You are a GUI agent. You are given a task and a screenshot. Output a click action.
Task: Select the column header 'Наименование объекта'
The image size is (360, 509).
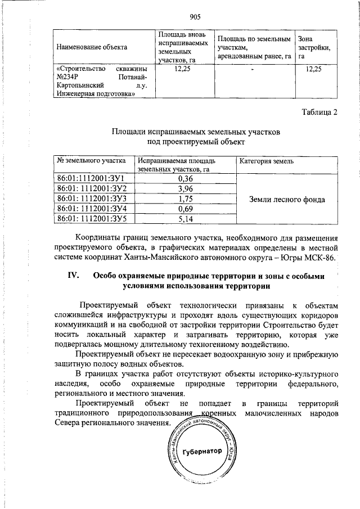(91, 47)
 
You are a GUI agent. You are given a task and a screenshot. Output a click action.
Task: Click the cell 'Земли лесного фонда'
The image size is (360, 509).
(288, 199)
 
